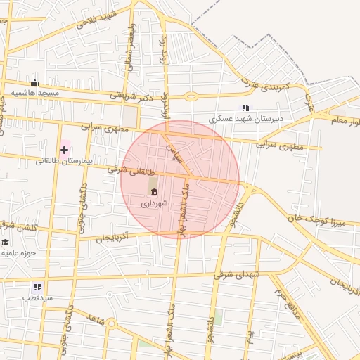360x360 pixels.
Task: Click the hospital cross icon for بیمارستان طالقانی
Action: click(x=64, y=150)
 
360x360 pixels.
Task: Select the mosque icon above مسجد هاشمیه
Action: click(x=34, y=84)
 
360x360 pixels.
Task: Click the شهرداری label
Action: click(x=154, y=203)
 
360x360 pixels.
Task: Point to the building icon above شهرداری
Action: click(x=154, y=191)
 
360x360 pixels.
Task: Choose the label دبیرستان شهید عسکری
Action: click(x=245, y=119)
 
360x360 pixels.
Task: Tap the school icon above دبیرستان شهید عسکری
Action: click(x=245, y=108)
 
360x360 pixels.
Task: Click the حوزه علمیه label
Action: click(x=18, y=252)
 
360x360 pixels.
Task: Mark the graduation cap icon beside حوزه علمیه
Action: click(x=5, y=242)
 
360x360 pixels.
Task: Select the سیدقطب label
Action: click(x=37, y=299)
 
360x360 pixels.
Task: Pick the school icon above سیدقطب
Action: click(x=37, y=287)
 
